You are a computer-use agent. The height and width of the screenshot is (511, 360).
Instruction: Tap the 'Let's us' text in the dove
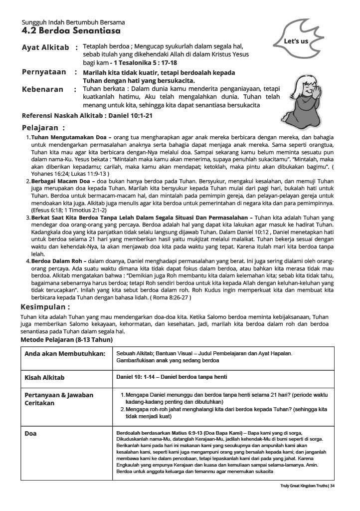[295, 41]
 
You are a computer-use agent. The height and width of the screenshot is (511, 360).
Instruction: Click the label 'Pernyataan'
[44, 72]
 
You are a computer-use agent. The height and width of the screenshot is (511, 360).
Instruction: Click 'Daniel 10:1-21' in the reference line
[128, 115]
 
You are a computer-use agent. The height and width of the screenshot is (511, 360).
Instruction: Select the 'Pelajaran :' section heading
[43, 127]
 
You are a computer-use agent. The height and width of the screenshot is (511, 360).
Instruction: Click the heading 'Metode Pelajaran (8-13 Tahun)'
[66, 339]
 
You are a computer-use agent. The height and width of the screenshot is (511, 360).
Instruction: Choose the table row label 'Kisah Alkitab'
[45, 378]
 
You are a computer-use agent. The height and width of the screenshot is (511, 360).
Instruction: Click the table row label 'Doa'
[30, 434]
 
